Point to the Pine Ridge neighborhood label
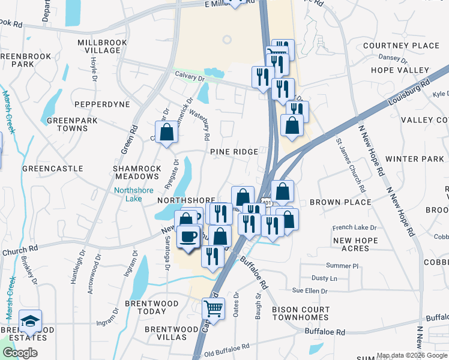point(234,152)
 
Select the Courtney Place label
point(401,46)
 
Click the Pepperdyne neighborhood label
point(103,104)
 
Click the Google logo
point(20,353)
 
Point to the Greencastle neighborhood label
point(53,169)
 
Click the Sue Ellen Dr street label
point(309,291)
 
